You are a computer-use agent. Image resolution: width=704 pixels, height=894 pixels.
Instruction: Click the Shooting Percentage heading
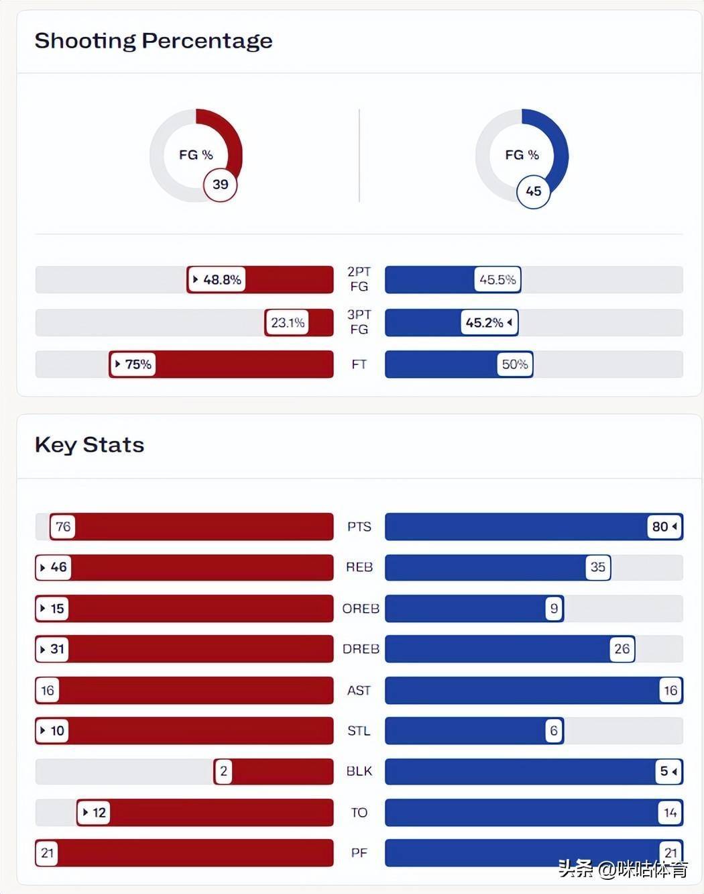point(154,41)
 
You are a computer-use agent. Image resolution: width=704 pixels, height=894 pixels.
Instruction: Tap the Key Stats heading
point(89,445)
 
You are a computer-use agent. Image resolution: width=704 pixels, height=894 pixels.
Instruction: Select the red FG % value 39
point(221,185)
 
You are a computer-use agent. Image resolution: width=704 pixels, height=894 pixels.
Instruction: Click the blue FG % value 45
point(533,191)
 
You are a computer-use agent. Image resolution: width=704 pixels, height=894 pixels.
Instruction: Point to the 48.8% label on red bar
point(217,280)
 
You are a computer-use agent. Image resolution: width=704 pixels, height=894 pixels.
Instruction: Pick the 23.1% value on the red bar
point(288,323)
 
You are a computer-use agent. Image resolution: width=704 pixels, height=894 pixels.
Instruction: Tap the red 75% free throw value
point(133,364)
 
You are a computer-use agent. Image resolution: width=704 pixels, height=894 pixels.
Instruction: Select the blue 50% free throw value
point(515,364)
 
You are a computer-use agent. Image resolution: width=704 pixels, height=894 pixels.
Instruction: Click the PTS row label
point(359,527)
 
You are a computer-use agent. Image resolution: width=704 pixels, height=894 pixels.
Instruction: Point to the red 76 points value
point(62,527)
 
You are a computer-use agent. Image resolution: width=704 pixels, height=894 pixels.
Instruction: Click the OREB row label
point(360,609)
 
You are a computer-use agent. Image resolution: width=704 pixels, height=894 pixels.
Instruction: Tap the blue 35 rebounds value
point(597,567)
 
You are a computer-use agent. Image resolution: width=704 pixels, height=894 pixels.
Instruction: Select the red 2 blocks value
point(223,772)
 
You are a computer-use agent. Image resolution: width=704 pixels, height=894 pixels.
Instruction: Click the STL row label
point(359,731)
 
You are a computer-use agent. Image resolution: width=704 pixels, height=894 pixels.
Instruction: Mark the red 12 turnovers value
point(94,813)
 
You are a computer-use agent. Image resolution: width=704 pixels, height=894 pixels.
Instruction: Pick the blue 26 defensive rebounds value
point(622,649)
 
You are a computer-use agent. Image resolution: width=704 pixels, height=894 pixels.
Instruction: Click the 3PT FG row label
point(359,322)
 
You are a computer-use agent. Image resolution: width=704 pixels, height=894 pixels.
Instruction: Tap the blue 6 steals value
point(553,731)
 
